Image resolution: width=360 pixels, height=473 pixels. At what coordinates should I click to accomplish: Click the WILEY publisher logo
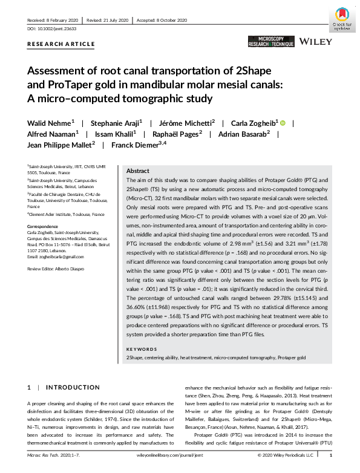tap(316, 42)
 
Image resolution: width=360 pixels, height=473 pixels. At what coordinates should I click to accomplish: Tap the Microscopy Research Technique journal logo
tap(270, 42)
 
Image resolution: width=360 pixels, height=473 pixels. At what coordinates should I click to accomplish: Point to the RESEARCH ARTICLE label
tap(61, 44)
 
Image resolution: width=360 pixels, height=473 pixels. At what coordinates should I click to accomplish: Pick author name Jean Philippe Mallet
tap(59, 145)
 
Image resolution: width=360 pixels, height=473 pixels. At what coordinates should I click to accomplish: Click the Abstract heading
tap(137, 171)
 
